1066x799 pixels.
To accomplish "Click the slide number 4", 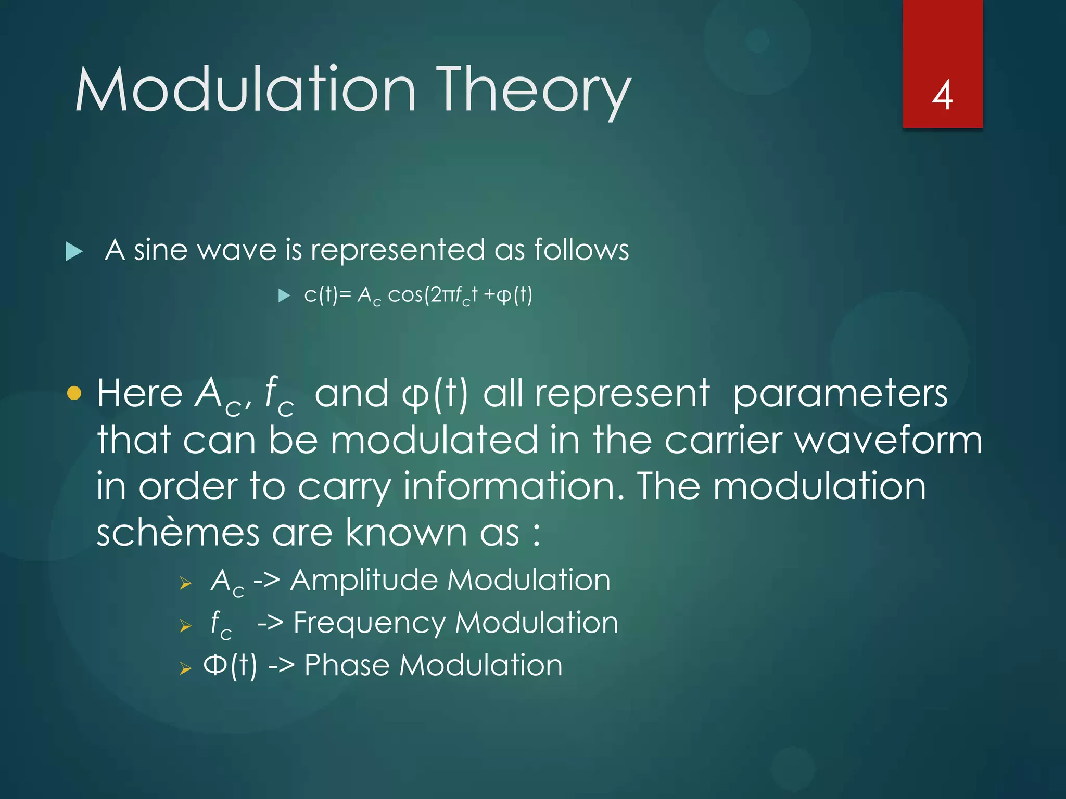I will [x=942, y=96].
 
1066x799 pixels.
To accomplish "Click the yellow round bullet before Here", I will [x=74, y=393].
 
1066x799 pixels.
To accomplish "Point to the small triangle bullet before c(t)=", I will [x=284, y=296].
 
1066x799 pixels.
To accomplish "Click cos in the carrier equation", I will [x=405, y=295].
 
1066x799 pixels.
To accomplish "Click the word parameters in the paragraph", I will [x=840, y=394].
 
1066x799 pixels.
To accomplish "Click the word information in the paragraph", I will [x=514, y=486].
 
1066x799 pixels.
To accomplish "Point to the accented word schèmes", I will [x=178, y=533].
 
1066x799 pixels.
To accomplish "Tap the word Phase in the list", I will [x=347, y=665].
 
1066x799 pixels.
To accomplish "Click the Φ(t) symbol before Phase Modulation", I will [x=230, y=665].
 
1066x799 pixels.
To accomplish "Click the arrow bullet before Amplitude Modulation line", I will [x=186, y=583].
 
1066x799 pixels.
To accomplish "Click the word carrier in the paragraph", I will [x=724, y=440].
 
